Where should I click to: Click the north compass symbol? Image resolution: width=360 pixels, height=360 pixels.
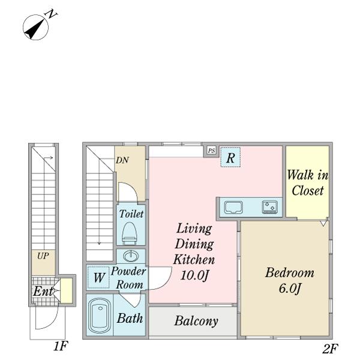(38, 25)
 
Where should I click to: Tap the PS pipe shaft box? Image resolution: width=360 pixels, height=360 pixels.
(211, 151)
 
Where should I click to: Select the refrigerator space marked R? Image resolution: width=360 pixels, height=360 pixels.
(230, 157)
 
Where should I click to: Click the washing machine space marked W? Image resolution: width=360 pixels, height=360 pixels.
(99, 277)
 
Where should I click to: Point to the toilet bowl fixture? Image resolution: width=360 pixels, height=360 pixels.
(130, 233)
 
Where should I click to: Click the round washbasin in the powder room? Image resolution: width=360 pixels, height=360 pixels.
(131, 256)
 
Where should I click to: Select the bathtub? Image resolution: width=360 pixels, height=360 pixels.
(100, 316)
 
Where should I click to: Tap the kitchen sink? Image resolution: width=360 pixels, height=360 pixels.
(233, 208)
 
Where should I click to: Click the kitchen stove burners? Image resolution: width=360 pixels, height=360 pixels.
(270, 207)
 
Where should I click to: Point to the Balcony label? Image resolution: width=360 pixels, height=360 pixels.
(196, 321)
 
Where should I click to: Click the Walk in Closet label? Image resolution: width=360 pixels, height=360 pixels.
(308, 182)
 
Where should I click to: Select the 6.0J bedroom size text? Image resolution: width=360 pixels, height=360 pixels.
(290, 288)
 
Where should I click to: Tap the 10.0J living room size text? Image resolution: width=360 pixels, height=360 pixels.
(194, 275)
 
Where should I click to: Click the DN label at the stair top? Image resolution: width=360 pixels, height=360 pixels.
(122, 160)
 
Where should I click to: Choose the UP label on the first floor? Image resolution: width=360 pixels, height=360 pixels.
(43, 256)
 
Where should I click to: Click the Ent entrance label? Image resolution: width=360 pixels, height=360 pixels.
(43, 292)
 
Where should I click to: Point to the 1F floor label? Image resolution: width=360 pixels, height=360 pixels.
(61, 346)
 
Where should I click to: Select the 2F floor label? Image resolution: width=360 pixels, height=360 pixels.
(330, 349)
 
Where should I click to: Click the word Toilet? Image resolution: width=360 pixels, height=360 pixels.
(131, 214)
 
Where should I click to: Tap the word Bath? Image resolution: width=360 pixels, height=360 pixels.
(130, 319)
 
